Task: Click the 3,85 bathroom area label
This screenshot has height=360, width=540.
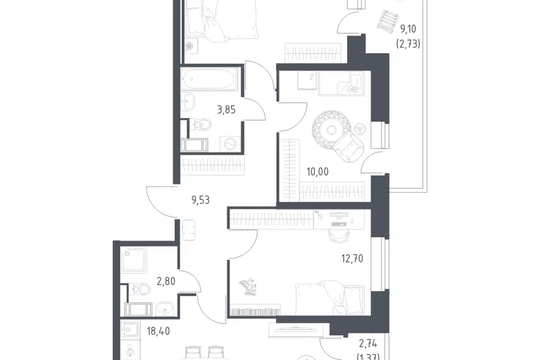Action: click(x=226, y=110)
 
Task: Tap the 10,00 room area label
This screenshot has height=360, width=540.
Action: click(x=317, y=172)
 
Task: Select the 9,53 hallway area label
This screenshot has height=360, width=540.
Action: click(x=200, y=200)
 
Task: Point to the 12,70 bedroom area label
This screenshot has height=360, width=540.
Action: click(x=352, y=258)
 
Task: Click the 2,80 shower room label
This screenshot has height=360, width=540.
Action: click(x=166, y=281)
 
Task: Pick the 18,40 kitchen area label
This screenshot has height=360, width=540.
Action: click(x=159, y=331)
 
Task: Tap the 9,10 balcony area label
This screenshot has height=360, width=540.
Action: click(x=408, y=29)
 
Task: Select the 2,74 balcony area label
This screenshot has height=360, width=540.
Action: click(x=368, y=344)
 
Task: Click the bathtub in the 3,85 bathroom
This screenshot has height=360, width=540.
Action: click(x=209, y=79)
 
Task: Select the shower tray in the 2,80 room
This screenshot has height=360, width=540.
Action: click(x=134, y=260)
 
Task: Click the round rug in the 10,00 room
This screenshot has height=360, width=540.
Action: click(x=331, y=130)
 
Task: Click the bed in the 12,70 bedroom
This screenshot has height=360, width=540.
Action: click(x=330, y=298)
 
